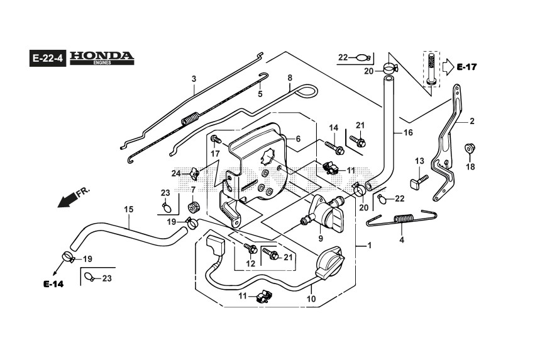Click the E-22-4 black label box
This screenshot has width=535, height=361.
[48, 59]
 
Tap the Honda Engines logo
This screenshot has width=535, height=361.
[102, 57]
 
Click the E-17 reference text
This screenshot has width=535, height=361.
[468, 67]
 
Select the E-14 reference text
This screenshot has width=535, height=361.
[54, 284]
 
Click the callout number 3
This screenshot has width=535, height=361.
[194, 79]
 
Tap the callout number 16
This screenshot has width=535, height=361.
[408, 133]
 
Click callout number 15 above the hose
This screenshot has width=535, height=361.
[128, 209]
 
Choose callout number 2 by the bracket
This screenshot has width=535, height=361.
[472, 121]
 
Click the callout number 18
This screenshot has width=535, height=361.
[470, 167]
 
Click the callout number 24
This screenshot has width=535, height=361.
[176, 173]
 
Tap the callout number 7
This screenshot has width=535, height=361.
[193, 190]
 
